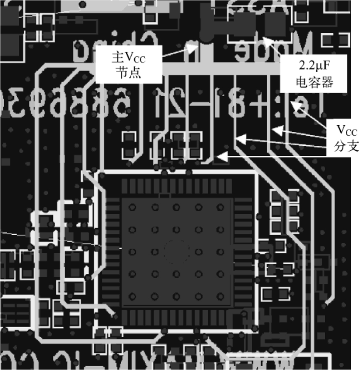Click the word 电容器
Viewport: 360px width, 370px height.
tap(313, 81)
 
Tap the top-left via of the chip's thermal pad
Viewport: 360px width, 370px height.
tap(133, 207)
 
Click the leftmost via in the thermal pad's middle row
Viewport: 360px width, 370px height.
tap(133, 252)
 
